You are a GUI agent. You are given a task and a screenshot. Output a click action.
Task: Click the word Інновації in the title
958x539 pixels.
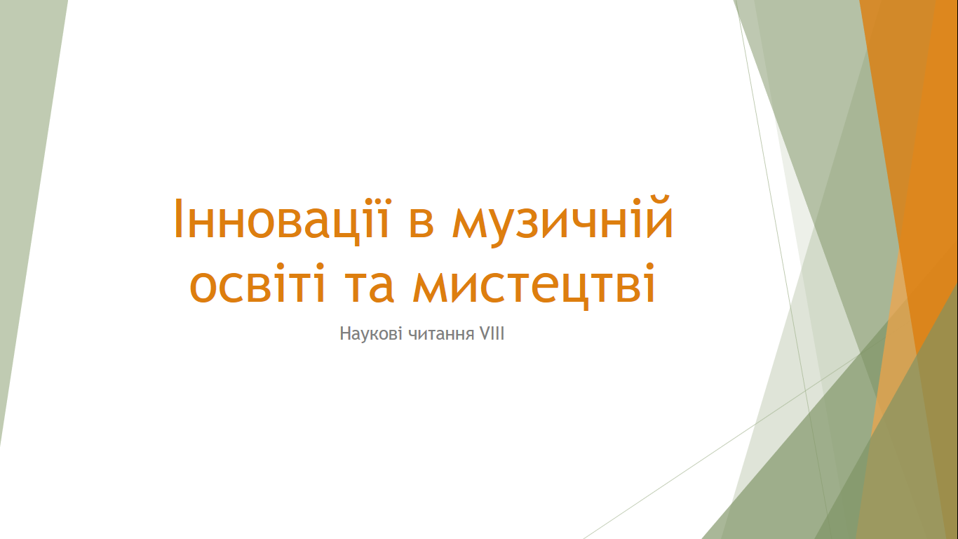(x=282, y=219)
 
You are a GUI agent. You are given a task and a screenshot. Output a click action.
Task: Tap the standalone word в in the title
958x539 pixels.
(x=421, y=223)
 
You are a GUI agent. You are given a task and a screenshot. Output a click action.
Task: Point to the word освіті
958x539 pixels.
(x=257, y=284)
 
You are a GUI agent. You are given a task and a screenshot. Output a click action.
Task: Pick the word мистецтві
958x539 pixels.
(x=534, y=286)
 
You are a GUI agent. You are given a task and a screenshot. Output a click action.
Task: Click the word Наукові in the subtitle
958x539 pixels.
(x=371, y=333)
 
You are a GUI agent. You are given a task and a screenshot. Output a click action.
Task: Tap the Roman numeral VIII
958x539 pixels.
(x=492, y=333)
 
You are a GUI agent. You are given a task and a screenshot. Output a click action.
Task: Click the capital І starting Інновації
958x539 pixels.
(x=178, y=218)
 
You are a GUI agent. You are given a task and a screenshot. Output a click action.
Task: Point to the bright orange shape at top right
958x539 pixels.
(x=915, y=150)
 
